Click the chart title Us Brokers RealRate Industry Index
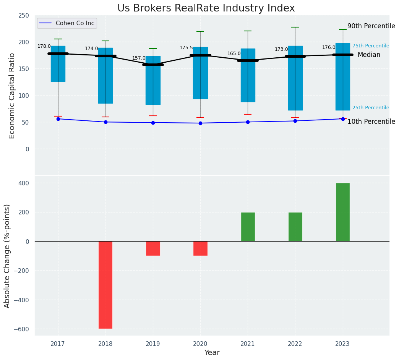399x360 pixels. pyautogui.click(x=206, y=8)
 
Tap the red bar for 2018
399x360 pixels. pyautogui.click(x=105, y=285)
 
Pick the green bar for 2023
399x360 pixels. pyautogui.click(x=342, y=212)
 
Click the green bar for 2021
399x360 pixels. pyautogui.click(x=248, y=227)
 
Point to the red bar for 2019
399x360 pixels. pyautogui.click(x=153, y=248)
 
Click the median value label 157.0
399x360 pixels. pyautogui.click(x=139, y=58)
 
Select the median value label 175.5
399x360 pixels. pyautogui.click(x=186, y=48)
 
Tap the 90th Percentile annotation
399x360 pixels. pyautogui.click(x=371, y=26)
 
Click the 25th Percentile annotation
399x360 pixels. pyautogui.click(x=370, y=108)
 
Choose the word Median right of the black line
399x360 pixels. pyautogui.click(x=369, y=55)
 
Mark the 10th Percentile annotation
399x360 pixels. pyautogui.click(x=371, y=122)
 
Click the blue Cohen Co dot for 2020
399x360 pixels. pyautogui.click(x=200, y=123)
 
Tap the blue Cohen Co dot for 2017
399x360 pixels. pyautogui.click(x=58, y=119)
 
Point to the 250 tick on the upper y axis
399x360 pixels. pyautogui.click(x=23, y=16)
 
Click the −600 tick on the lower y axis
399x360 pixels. pyautogui.click(x=21, y=329)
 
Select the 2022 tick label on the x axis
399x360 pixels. pyautogui.click(x=295, y=344)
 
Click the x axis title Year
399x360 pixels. pyautogui.click(x=212, y=353)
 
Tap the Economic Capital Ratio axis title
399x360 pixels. pyautogui.click(x=12, y=96)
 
